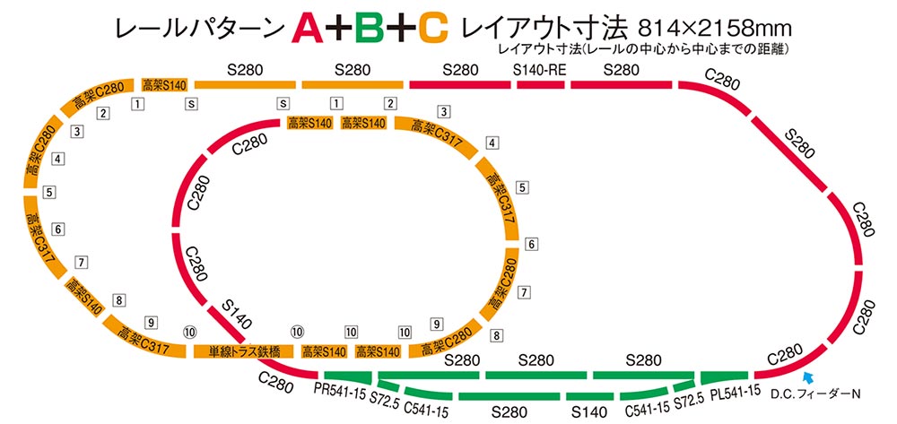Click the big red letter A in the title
pyautogui.click(x=307, y=30)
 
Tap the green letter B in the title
pyautogui.click(x=369, y=30)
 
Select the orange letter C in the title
pyautogui.click(x=432, y=30)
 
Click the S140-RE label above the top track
pyautogui.click(x=539, y=70)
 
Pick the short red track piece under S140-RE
pyautogui.click(x=541, y=85)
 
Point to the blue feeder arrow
pyautogui.click(x=808, y=376)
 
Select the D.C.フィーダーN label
pyautogui.click(x=815, y=394)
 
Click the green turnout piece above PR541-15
pyautogui.click(x=344, y=376)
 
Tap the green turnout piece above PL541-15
pyautogui.click(x=724, y=376)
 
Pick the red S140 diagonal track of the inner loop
pyautogui.click(x=233, y=333)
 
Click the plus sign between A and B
pyautogui.click(x=339, y=30)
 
